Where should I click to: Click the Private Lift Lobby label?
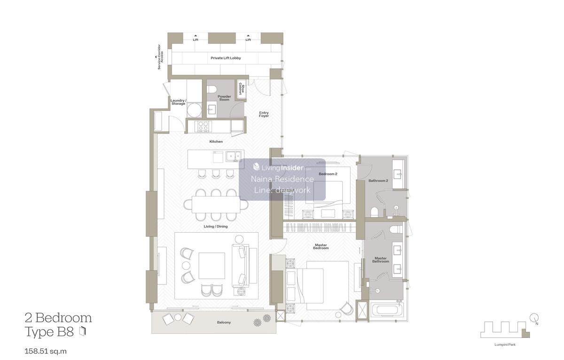coord(226,58)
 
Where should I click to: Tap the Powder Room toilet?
coord(212,89)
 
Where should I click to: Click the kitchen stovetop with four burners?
coord(203,126)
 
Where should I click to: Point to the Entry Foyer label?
coord(264,114)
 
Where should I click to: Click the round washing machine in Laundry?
coord(195,110)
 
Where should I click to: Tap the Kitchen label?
coord(216,141)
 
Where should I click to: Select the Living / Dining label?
coord(216,227)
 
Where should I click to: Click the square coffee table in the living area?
coord(211,266)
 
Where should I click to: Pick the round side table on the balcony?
coord(178,317)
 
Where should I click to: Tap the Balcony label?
coord(224,322)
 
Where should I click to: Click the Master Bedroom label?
coord(321,246)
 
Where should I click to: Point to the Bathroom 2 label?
coord(378,180)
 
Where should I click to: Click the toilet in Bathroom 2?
coord(374,212)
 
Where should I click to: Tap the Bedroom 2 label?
coord(328,174)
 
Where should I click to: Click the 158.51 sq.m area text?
coord(46,351)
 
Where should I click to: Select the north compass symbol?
coord(534,318)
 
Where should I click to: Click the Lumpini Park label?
coord(505,344)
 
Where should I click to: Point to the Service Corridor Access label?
coord(160,57)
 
